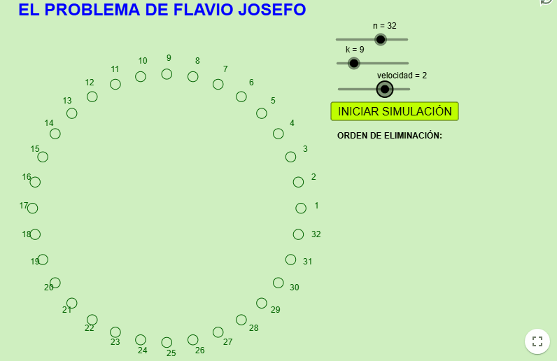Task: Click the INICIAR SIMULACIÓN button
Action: pyautogui.click(x=395, y=111)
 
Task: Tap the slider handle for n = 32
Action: pyautogui.click(x=380, y=39)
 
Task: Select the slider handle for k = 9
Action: pyautogui.click(x=354, y=63)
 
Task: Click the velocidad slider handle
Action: pyautogui.click(x=384, y=89)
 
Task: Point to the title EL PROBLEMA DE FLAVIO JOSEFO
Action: pyautogui.click(x=162, y=10)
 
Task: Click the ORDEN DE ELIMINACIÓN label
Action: pyautogui.click(x=389, y=135)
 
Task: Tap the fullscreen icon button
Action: pyautogui.click(x=537, y=341)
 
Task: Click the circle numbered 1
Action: pyautogui.click(x=301, y=208)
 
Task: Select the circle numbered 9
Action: pyautogui.click(x=167, y=74)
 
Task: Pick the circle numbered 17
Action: pyautogui.click(x=32, y=208)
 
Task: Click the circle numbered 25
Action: pyautogui.click(x=167, y=342)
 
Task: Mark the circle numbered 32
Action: pyautogui.click(x=298, y=234)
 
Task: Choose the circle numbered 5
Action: pyautogui.click(x=262, y=113)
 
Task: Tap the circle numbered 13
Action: pyautogui.click(x=71, y=113)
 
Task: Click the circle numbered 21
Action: pyautogui.click(x=71, y=303)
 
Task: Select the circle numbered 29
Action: pyautogui.click(x=262, y=303)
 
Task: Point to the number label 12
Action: pyautogui.click(x=90, y=83)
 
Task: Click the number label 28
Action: pyautogui.click(x=253, y=328)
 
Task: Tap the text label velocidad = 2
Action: pyautogui.click(x=402, y=76)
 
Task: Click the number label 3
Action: pyautogui.click(x=305, y=149)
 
